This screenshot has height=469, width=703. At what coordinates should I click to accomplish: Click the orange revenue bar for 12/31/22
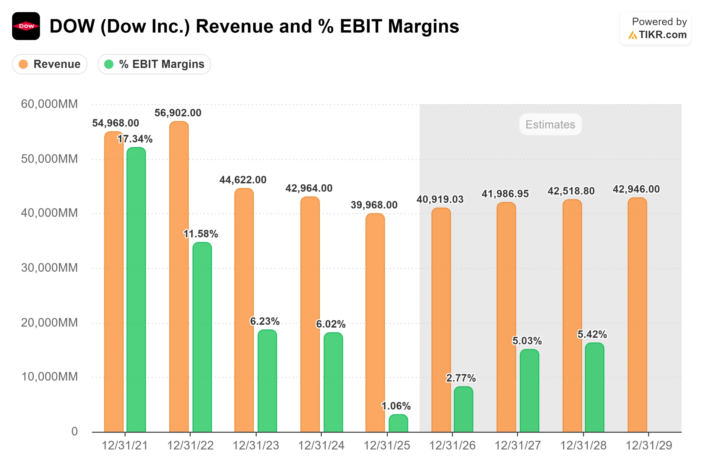coord(179,277)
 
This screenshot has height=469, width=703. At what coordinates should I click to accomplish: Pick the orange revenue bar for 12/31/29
coord(637,315)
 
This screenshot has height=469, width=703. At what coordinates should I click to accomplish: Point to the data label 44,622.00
coord(243,180)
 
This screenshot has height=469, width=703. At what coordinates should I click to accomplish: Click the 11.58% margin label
coord(200,234)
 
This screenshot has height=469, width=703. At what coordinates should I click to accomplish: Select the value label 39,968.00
coord(374,205)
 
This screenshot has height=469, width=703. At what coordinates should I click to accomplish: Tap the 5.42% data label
coord(592,334)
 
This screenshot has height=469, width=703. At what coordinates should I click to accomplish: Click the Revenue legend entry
coord(50,64)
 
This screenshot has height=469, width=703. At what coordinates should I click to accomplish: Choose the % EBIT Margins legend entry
coord(154,64)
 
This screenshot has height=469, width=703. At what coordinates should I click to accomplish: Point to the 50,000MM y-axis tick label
coord(49,159)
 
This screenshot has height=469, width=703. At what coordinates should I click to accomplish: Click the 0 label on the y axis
coord(74,431)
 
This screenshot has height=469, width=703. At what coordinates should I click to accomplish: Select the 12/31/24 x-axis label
coord(321,446)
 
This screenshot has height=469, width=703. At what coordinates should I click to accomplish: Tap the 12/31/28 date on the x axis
coord(583,446)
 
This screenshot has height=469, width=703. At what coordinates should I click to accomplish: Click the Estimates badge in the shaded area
coord(550,124)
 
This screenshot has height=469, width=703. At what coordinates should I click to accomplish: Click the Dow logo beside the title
coord(26,26)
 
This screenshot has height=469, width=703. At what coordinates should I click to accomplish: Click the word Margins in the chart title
coord(423,26)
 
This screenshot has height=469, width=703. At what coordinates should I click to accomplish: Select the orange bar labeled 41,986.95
coord(506,317)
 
